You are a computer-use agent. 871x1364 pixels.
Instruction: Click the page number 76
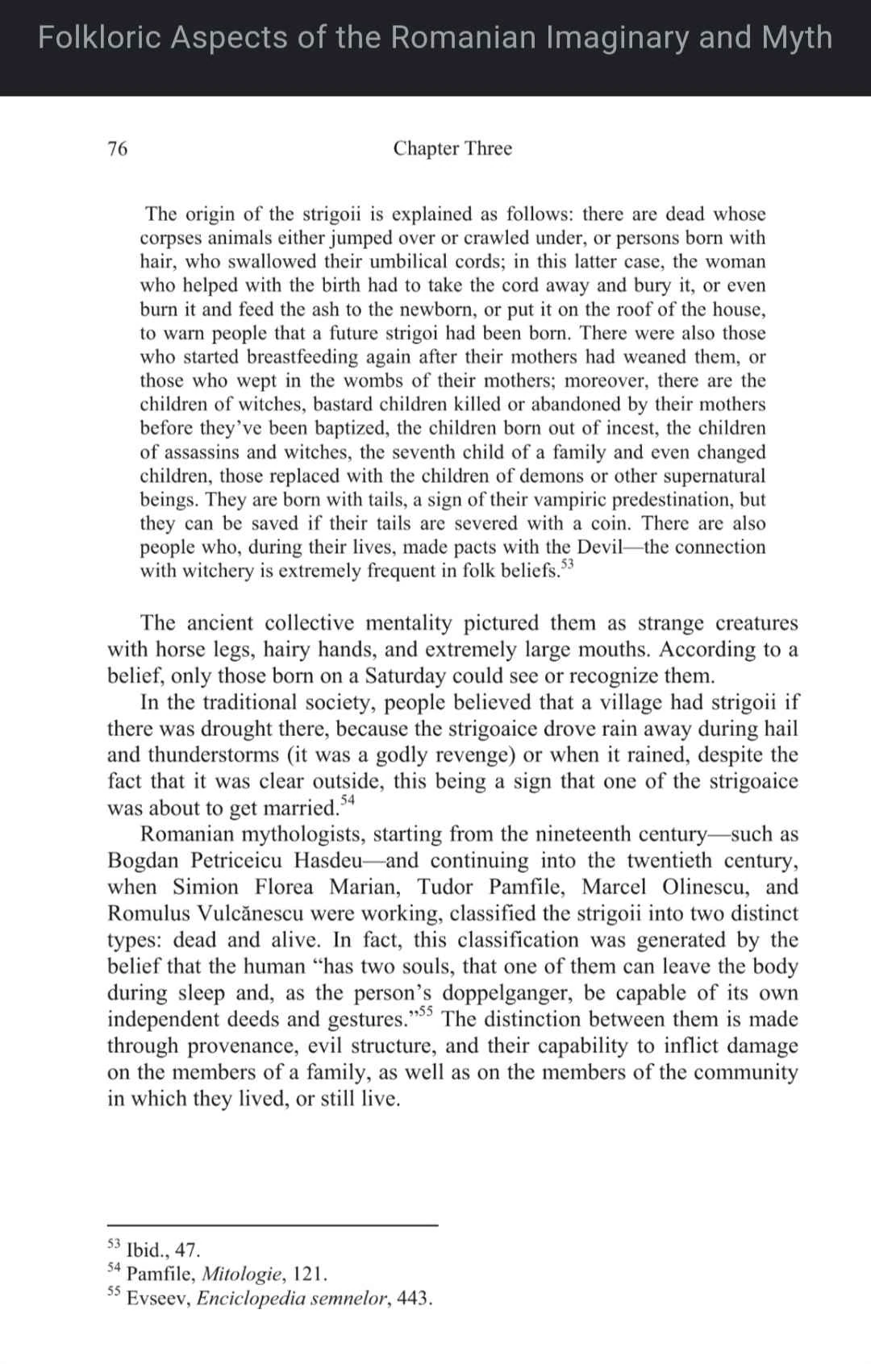pyautogui.click(x=118, y=148)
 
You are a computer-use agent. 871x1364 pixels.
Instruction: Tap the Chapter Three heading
pyautogui.click(x=452, y=148)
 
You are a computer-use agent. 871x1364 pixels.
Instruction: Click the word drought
pyautogui.click(x=238, y=729)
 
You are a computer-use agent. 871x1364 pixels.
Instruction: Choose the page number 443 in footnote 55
pyautogui.click(x=415, y=1299)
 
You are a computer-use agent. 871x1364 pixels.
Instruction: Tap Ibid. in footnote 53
pyautogui.click(x=146, y=1250)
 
